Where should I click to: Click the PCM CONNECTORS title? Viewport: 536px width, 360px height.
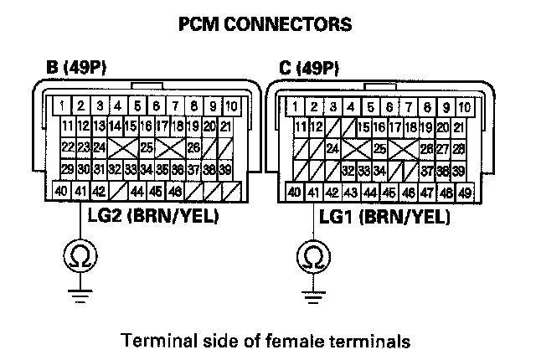point(265,24)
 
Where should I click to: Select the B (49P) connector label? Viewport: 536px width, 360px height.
point(76,67)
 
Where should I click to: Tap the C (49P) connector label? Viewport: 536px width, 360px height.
point(309,68)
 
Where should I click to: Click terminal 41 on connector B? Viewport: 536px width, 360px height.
point(80,191)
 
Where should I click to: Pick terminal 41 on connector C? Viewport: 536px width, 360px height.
point(313,193)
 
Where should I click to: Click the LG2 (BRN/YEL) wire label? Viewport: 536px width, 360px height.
point(153,215)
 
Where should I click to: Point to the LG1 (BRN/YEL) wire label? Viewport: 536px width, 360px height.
point(384,217)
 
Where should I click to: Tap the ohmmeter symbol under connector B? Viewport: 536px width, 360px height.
point(80,256)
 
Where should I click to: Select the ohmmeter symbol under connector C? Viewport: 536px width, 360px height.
point(313,257)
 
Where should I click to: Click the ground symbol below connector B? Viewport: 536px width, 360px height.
point(80,296)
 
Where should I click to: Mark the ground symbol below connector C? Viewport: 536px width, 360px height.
point(313,297)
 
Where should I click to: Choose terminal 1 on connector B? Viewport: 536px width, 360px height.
point(62,105)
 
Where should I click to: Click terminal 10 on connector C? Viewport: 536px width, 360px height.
point(465,107)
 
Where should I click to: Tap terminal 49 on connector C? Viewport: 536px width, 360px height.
point(465,193)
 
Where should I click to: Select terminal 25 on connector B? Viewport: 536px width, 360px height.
point(147,147)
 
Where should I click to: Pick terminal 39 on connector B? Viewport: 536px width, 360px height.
point(225,169)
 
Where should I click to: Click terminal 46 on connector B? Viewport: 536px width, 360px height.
point(175,191)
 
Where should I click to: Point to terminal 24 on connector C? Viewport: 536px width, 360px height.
point(332,149)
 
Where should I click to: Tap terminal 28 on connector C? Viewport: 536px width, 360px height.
point(458,149)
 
